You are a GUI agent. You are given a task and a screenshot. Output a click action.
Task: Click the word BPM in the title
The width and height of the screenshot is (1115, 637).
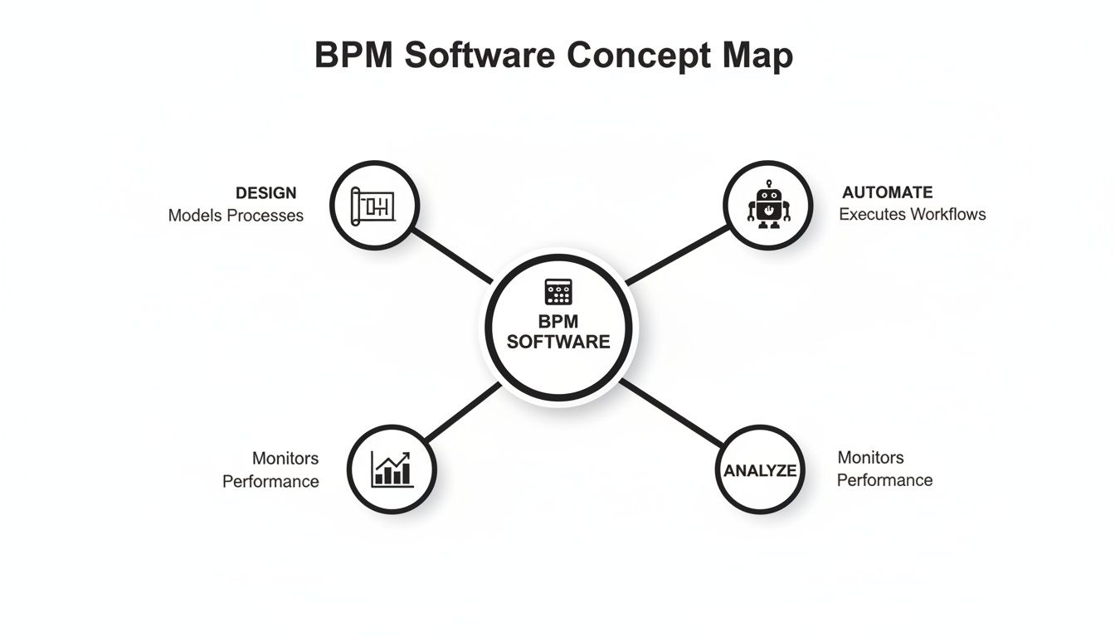[x=352, y=56]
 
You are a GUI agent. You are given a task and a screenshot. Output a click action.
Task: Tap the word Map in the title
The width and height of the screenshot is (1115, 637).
[x=757, y=56]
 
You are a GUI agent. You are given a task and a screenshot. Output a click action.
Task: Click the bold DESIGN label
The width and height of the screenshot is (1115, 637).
[x=265, y=193]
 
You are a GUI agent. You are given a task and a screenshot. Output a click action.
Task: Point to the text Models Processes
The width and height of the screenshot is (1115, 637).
[x=236, y=216]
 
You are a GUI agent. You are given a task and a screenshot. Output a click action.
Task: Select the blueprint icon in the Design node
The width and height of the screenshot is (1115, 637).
[x=374, y=205]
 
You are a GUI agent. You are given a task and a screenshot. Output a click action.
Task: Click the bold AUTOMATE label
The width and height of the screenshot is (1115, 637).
[x=887, y=192]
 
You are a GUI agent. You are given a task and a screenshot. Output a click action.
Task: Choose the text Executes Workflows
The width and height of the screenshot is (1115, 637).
[x=912, y=214]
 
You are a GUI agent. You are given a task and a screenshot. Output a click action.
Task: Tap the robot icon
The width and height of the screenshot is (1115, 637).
[x=768, y=204]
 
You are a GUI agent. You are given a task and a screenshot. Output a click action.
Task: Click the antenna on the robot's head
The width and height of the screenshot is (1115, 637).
[x=768, y=183]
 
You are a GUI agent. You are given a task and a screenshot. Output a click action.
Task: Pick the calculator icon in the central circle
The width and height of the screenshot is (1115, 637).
[x=558, y=292]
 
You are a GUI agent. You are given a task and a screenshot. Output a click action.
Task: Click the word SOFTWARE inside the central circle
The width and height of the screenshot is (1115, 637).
[x=558, y=342]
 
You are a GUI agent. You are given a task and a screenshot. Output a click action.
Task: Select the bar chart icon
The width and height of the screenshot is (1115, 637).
[x=391, y=469]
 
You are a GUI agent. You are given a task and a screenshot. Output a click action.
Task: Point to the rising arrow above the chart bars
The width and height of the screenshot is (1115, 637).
[x=399, y=459]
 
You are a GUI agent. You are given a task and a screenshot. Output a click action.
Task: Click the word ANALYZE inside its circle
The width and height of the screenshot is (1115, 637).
[x=760, y=471]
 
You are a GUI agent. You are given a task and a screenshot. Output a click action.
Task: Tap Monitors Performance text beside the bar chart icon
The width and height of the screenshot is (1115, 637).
[x=271, y=469]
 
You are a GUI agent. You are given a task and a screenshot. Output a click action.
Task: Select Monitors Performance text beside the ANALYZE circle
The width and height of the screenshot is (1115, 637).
[x=884, y=469]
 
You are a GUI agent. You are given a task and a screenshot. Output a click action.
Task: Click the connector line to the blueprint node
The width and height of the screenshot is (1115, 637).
[x=452, y=256]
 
